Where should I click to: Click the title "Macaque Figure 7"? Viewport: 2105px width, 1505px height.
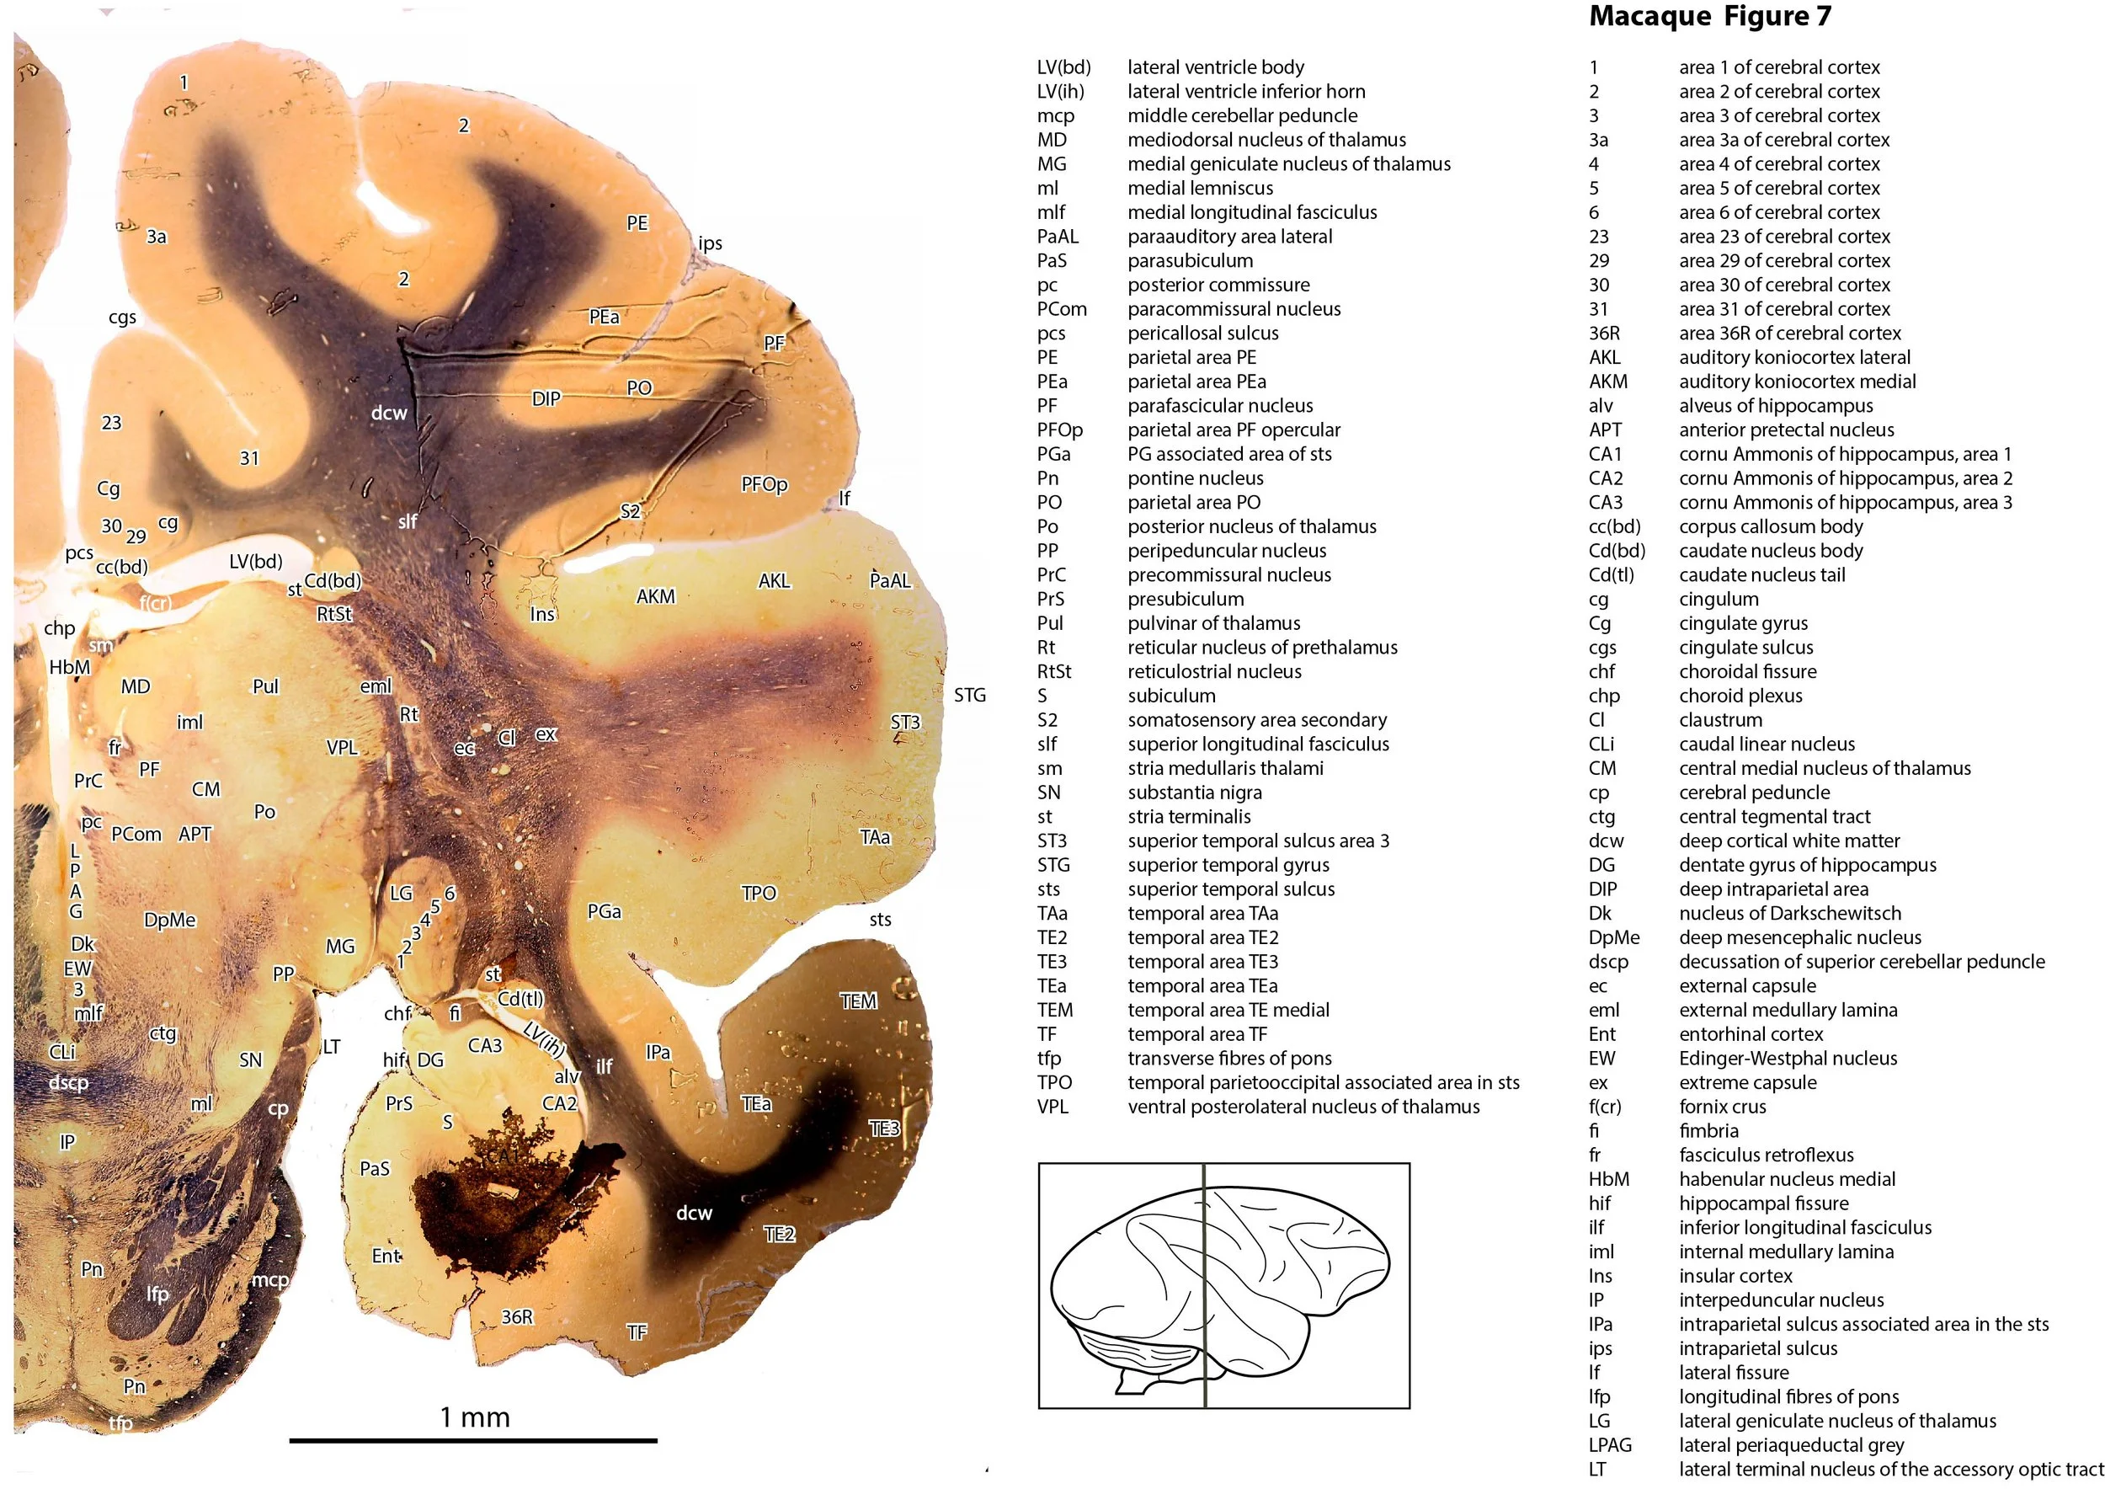pos(1709,17)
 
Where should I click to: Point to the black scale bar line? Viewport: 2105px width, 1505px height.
pos(472,1441)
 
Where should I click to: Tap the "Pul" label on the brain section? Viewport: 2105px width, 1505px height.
pos(265,686)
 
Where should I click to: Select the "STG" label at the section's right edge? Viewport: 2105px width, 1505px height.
pos(969,695)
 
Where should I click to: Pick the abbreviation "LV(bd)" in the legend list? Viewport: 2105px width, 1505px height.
pos(1063,67)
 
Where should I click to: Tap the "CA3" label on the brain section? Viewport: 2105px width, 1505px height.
pos(484,1045)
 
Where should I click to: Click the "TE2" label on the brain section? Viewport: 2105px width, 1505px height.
pos(779,1234)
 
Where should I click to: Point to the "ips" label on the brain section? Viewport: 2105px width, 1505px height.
pos(710,243)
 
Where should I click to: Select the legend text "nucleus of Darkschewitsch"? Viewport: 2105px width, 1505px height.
pos(1789,913)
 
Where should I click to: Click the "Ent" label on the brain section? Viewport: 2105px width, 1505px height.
pos(386,1256)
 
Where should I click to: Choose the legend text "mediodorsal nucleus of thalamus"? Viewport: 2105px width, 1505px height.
pos(1266,139)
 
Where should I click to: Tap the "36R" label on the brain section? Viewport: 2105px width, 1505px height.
pos(517,1317)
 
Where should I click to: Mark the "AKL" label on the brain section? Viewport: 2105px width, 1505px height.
pos(774,581)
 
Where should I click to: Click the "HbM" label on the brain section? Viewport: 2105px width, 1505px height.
pos(70,667)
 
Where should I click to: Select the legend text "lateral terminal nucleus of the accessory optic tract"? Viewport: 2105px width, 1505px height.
pos(1890,1469)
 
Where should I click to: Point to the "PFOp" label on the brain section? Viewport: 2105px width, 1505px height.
pos(764,483)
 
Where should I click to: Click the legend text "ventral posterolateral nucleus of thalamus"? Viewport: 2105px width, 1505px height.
pos(1303,1107)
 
